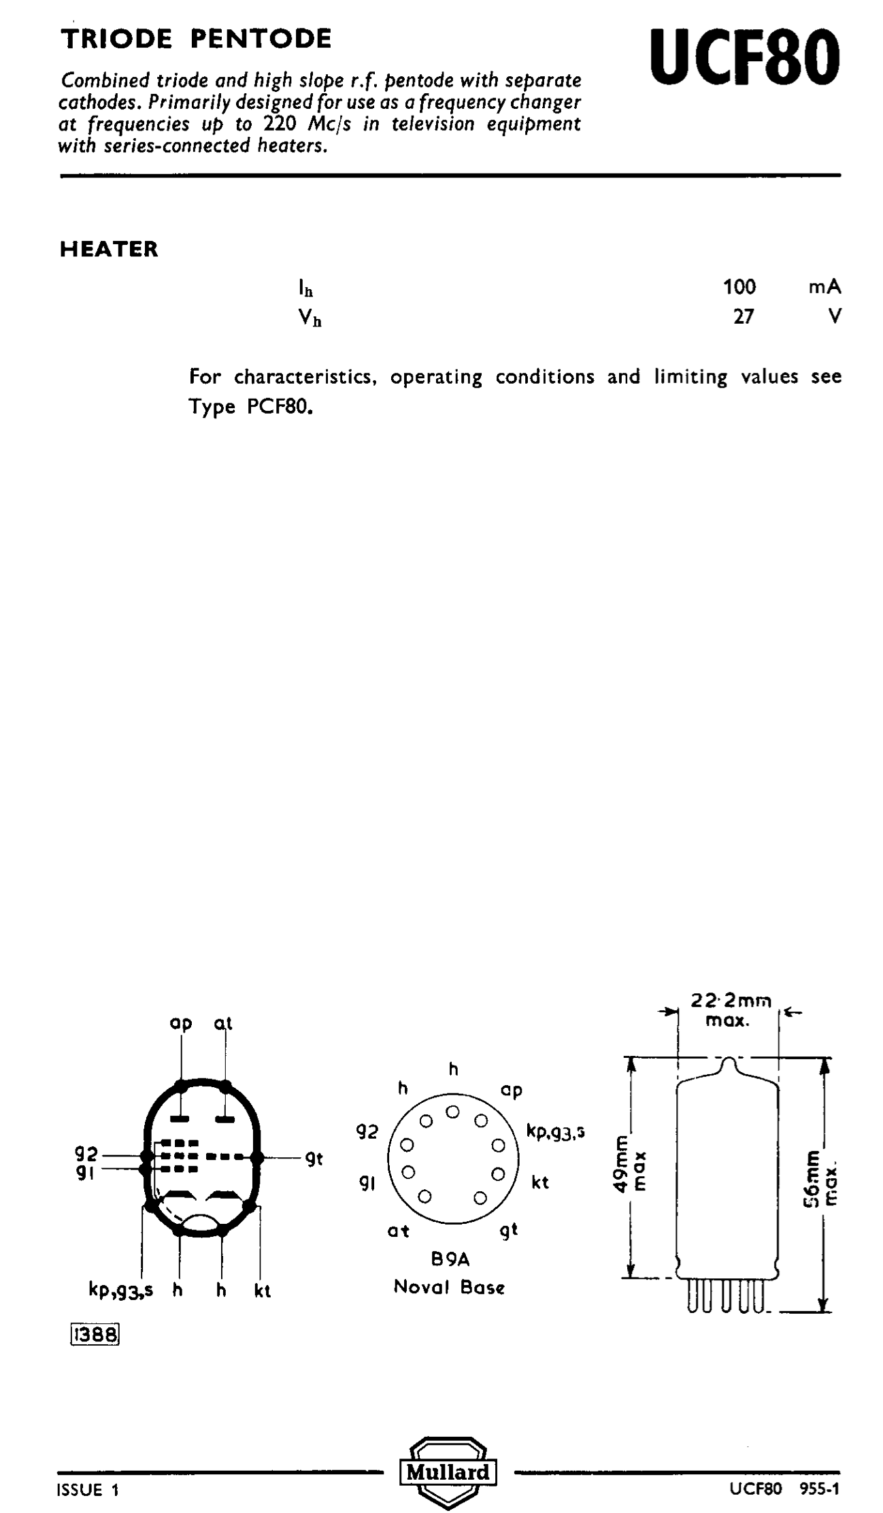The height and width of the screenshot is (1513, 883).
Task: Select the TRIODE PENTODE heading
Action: (x=196, y=39)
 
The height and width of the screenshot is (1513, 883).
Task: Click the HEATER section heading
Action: (x=109, y=249)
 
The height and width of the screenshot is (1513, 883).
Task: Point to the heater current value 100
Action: (x=739, y=287)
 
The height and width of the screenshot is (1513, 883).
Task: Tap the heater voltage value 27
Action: (x=744, y=317)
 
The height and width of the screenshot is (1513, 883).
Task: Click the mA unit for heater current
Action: (x=824, y=287)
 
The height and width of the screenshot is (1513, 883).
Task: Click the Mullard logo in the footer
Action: (x=448, y=1472)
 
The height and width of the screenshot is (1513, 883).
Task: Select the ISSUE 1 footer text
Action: (x=89, y=1490)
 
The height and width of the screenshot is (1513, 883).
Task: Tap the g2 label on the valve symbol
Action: (x=86, y=1154)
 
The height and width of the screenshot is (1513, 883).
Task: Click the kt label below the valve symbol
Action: (x=263, y=1290)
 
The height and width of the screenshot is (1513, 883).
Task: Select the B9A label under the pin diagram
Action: (x=450, y=1259)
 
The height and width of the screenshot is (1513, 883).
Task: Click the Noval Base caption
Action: (x=449, y=1287)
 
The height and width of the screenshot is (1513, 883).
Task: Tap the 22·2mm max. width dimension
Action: (x=730, y=1010)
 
